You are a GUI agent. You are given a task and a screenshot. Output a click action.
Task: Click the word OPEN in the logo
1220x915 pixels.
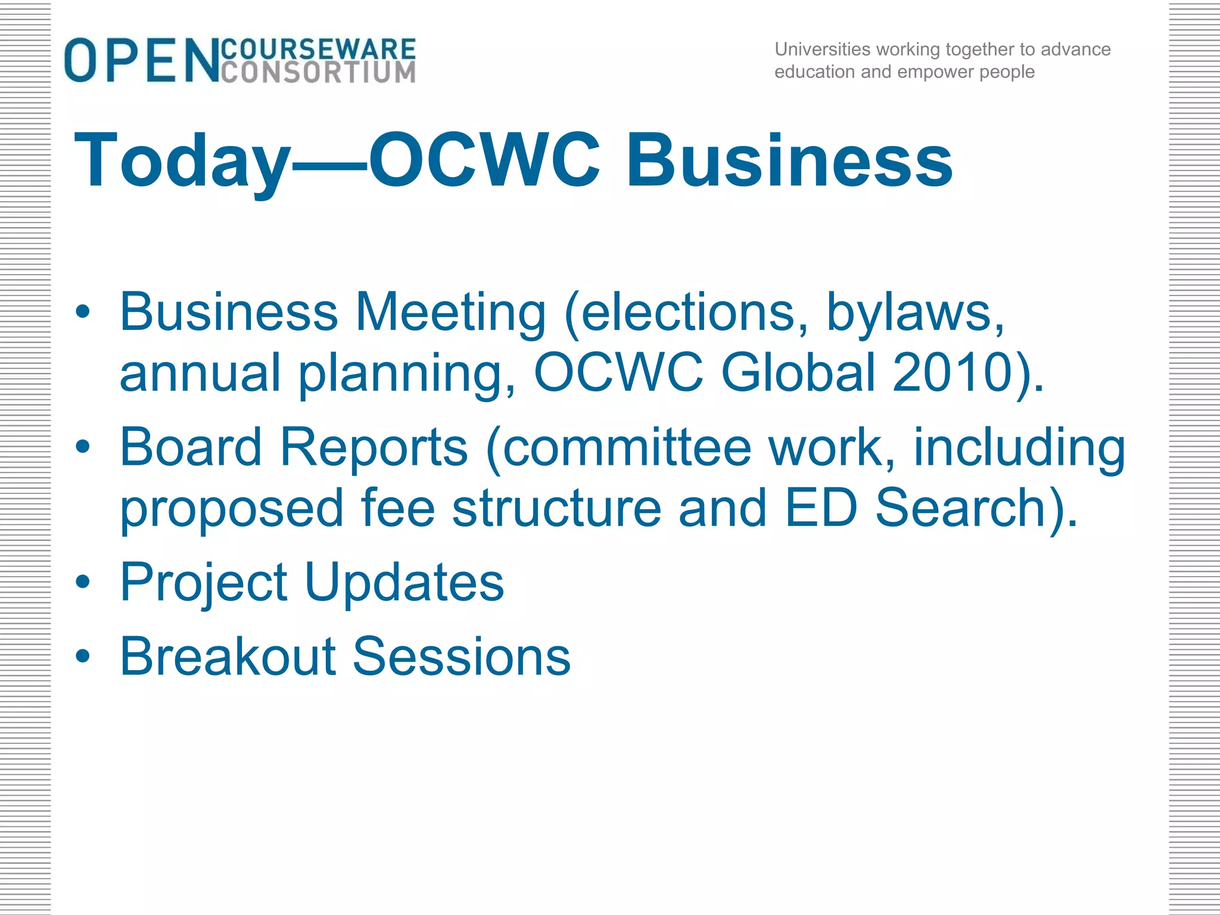(142, 60)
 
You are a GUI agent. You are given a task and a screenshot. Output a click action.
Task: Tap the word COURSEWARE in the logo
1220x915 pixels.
(318, 49)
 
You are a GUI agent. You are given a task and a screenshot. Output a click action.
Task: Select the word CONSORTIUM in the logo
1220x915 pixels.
(318, 72)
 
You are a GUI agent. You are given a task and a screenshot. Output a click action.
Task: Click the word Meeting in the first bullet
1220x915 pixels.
(450, 313)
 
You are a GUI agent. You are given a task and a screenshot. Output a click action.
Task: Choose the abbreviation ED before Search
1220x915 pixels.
(821, 508)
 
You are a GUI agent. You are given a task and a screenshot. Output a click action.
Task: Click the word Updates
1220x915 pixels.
(404, 583)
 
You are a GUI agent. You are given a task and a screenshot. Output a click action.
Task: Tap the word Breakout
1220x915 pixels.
(229, 656)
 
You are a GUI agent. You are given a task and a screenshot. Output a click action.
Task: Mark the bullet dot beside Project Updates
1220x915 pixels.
(83, 582)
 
